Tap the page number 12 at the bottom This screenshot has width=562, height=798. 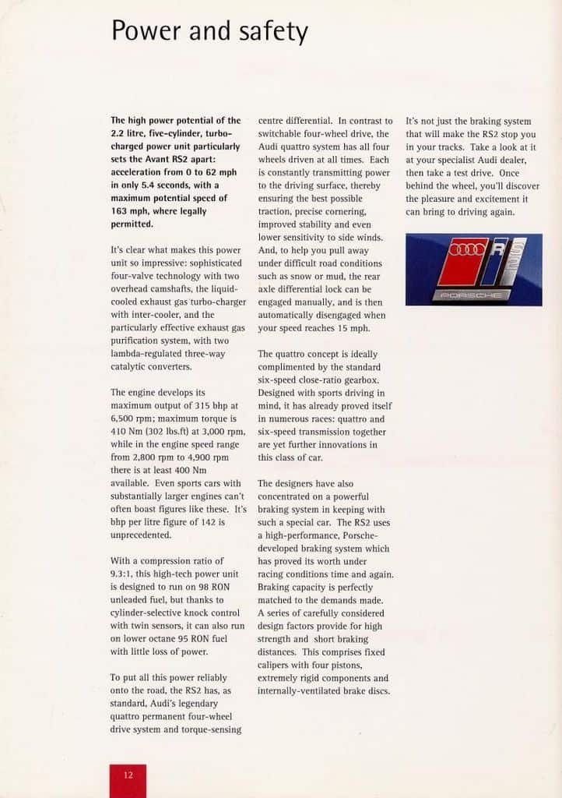tap(128, 775)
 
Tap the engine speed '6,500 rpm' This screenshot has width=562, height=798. tap(134, 418)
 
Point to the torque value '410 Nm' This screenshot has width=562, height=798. tap(128, 432)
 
